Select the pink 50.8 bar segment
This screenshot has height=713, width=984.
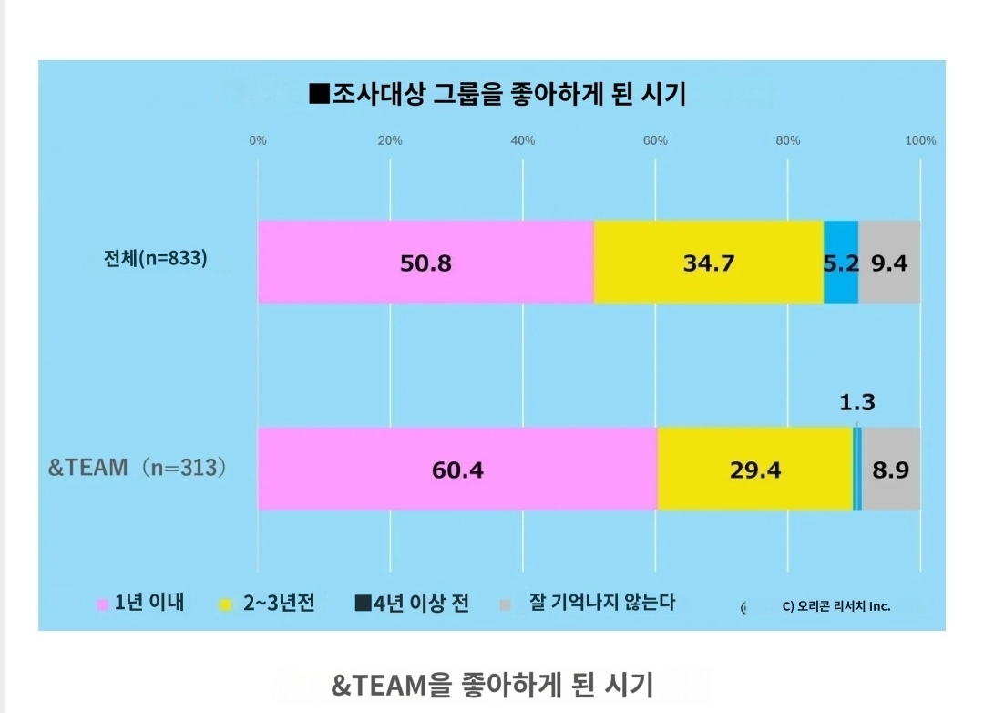pos(425,263)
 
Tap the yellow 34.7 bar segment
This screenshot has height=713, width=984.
pos(708,263)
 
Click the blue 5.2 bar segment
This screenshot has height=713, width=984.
pos(841,263)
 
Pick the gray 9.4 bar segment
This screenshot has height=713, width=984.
pos(889,263)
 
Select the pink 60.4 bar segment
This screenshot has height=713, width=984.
pos(457,469)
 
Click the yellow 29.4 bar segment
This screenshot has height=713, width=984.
pos(754,469)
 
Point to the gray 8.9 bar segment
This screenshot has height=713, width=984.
pos(891,469)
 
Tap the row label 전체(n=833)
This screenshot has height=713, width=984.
pos(156,258)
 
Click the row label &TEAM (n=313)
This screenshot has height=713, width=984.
pos(137,468)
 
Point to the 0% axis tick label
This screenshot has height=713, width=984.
pos(258,140)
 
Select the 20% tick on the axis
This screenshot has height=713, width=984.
pos(390,140)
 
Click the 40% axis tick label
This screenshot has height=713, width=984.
pos(523,140)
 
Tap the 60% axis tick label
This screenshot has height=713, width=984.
pos(655,140)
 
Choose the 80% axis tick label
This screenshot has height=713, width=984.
pos(788,140)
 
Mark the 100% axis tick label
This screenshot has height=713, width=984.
pos(920,140)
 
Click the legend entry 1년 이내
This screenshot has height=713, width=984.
pos(140,604)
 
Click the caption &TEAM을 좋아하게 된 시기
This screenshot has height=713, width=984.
pos(492,684)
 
